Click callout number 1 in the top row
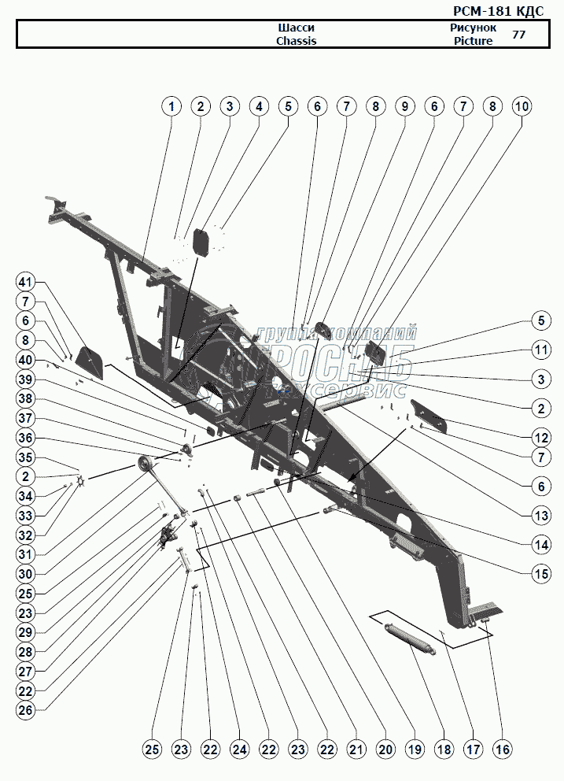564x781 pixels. [x=171, y=106]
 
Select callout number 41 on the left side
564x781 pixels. [x=25, y=283]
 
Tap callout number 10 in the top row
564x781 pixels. [x=522, y=106]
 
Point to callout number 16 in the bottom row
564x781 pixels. [x=503, y=749]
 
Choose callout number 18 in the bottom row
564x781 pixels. [x=444, y=749]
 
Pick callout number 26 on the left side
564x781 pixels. [x=25, y=710]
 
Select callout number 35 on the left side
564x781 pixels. [x=25, y=457]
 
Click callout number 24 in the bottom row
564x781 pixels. [x=239, y=749]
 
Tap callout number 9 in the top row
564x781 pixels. [x=404, y=106]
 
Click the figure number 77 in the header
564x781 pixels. [x=518, y=35]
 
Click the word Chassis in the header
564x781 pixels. [x=297, y=41]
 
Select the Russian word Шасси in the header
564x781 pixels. [x=297, y=28]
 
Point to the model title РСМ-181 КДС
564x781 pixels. [x=498, y=11]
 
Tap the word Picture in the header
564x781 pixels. [x=473, y=41]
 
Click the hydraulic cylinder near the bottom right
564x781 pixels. [x=410, y=638]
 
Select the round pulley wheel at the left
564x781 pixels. [x=146, y=465]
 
